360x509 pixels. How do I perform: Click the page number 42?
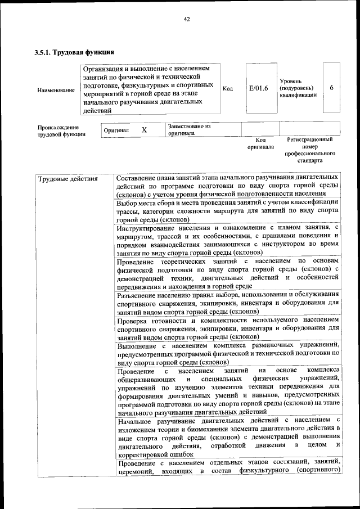pos(186,19)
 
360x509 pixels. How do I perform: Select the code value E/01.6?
pos(258,88)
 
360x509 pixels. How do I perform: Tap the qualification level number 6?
pos(332,88)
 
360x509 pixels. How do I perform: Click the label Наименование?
pos(56,90)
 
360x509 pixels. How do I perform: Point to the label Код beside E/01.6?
pos(228,88)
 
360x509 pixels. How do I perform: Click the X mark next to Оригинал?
pos(144,130)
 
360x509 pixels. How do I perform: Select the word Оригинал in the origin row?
pos(116,130)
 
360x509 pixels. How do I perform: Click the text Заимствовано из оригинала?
pos(188,130)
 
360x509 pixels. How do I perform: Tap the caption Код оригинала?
pos(260,143)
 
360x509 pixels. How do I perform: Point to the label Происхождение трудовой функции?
pos(61,130)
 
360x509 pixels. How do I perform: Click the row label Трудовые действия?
pos(68,179)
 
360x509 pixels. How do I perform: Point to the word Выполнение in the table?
pos(138,345)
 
